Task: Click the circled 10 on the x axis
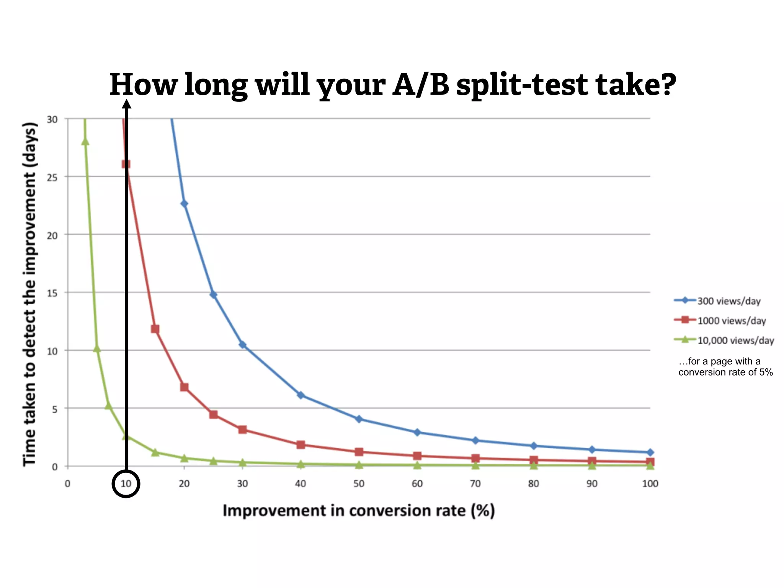point(126,483)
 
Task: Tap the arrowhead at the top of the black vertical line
point(127,104)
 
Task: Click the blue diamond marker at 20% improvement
point(184,204)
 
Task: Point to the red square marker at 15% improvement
point(155,329)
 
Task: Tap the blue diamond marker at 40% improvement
point(301,395)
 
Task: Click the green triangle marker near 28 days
point(85,142)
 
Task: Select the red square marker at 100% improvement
point(650,462)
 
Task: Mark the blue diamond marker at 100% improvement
point(650,452)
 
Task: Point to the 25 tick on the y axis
point(52,178)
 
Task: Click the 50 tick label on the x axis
point(359,484)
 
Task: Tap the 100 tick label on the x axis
point(650,484)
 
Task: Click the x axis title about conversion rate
point(359,511)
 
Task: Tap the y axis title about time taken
point(30,294)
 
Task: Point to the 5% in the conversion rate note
point(766,372)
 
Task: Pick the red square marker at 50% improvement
point(359,452)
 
